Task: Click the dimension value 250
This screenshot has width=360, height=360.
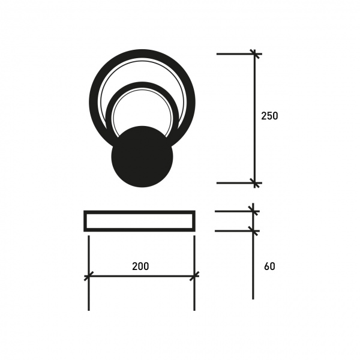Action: pos(269,116)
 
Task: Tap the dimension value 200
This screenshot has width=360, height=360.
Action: pos(140,266)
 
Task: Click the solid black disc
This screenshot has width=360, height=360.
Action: pos(142,157)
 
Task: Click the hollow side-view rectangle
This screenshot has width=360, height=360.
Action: pos(139,221)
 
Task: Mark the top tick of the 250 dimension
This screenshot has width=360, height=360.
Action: pos(254,54)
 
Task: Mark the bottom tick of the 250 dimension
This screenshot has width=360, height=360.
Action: pos(254,182)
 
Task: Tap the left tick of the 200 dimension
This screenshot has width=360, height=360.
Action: pos(88,276)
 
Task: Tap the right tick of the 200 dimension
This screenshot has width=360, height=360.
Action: pos(194,276)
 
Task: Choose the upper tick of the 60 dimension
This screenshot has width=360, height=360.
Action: pos(253,211)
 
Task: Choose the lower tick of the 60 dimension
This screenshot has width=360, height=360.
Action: pos(253,230)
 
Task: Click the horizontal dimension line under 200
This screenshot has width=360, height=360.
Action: pos(141,276)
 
